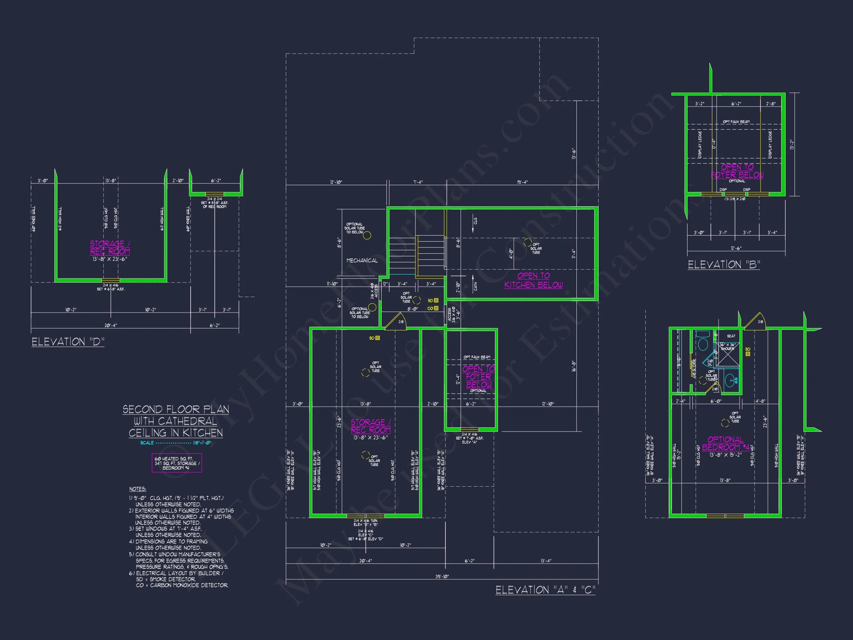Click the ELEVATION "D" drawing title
point(68,342)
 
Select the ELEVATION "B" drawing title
point(724,265)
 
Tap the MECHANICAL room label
point(362,260)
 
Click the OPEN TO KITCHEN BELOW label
point(533,280)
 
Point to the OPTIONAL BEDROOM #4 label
point(725,443)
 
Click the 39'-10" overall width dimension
point(442,576)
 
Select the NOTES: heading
point(138,489)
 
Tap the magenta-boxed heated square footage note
point(177,463)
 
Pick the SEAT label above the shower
point(731,336)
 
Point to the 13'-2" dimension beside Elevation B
point(792,144)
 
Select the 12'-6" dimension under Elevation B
point(736,248)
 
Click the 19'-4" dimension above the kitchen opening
point(522,182)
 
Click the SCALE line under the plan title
point(175,443)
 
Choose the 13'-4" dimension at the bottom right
point(546,561)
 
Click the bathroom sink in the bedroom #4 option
point(730,380)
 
